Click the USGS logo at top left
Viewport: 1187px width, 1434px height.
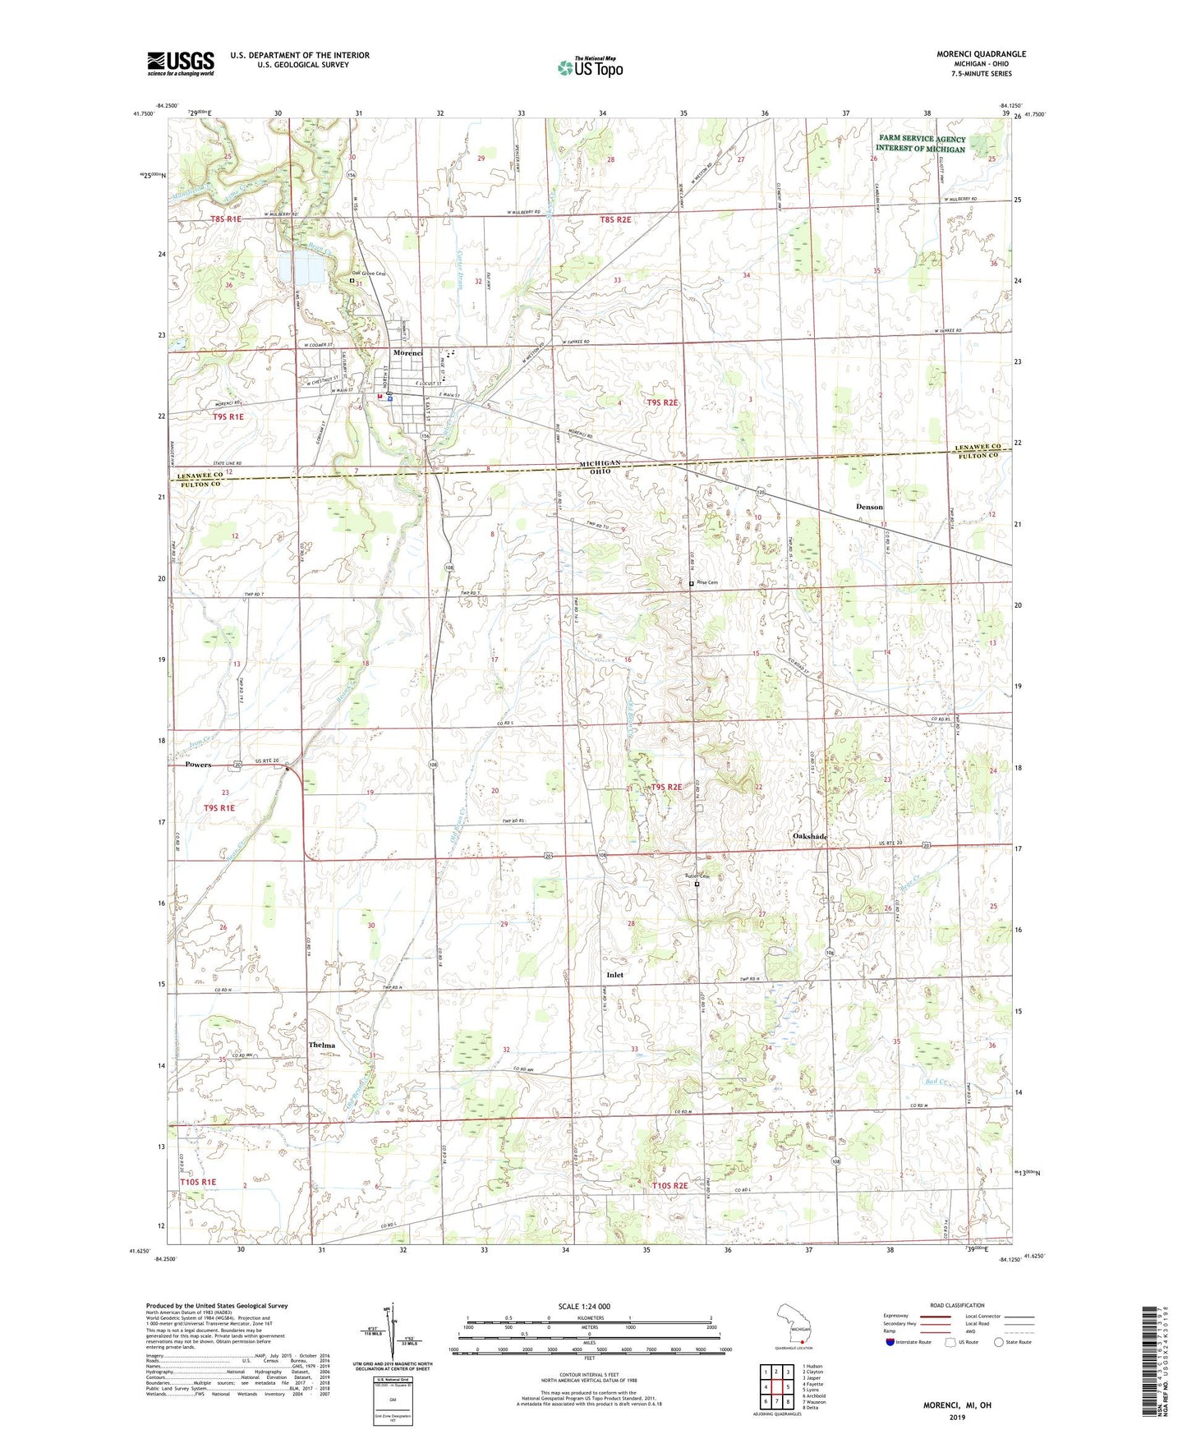180,63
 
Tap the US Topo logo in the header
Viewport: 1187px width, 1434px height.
590,67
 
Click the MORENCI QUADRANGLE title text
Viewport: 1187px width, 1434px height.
981,54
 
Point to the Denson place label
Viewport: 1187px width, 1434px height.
869,507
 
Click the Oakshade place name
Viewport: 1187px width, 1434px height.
809,836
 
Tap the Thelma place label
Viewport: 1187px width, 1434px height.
322,1045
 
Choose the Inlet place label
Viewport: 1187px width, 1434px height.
614,975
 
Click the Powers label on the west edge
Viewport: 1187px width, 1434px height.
198,765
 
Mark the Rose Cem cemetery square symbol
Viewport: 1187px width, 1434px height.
692,583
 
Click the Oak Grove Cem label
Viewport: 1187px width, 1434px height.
368,274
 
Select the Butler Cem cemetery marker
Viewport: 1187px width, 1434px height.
697,885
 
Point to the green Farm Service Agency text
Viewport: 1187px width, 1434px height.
922,144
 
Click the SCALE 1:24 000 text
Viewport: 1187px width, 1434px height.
584,1306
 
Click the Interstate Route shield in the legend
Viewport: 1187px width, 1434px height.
890,1342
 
